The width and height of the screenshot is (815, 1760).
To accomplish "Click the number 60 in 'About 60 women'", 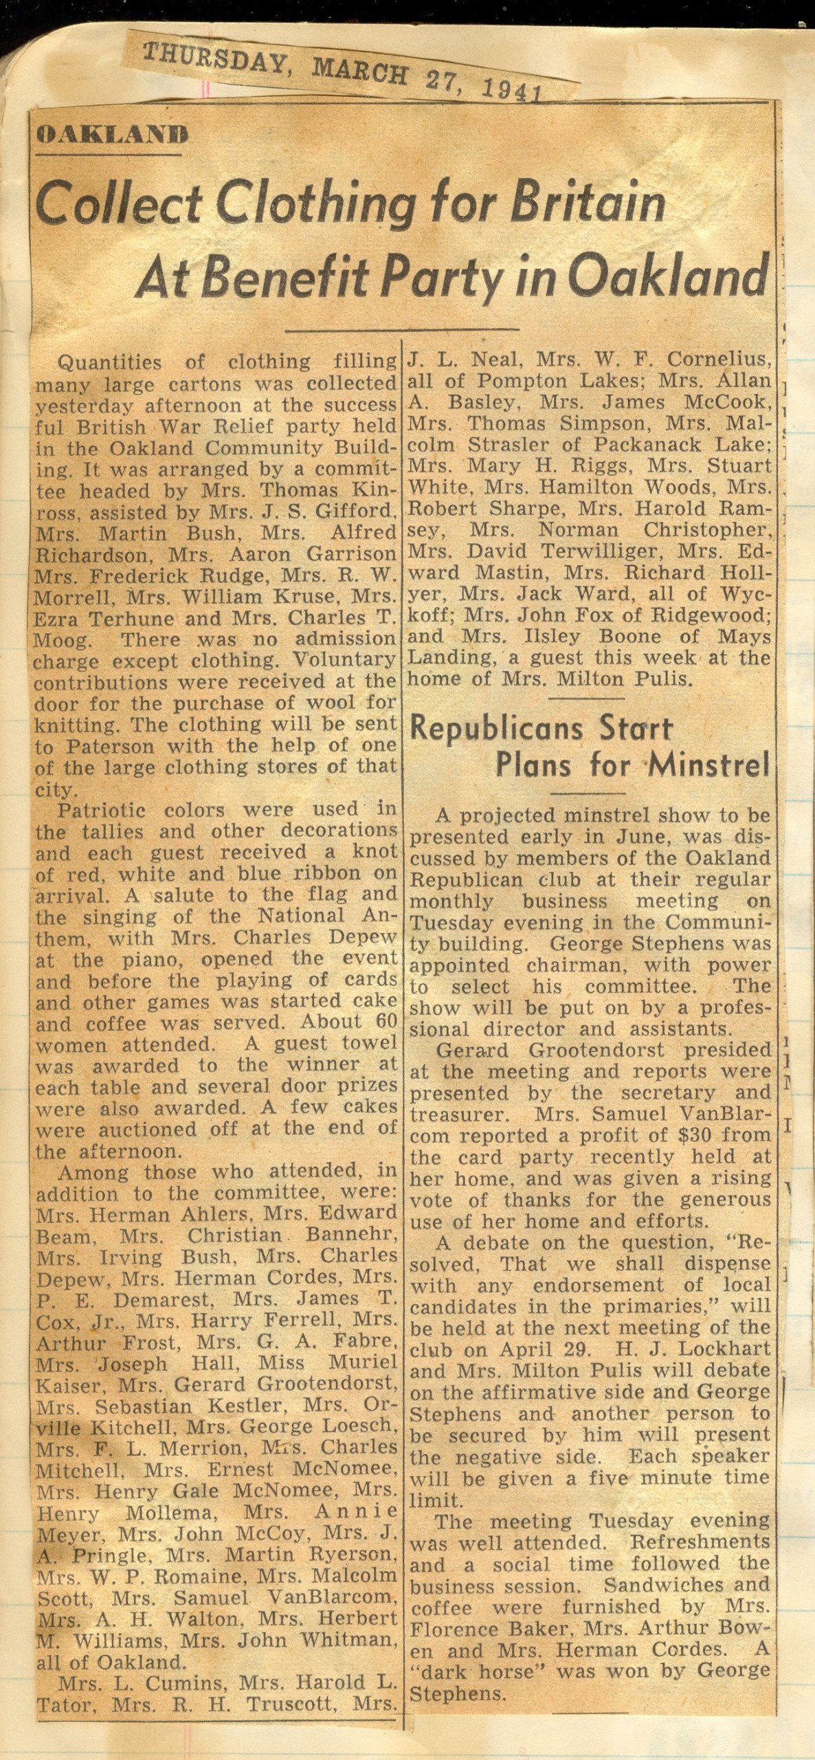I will (377, 1022).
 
